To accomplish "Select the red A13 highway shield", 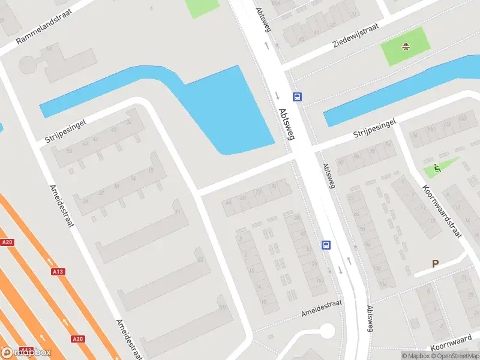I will [x=58, y=272].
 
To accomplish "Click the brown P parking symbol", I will [x=436, y=263].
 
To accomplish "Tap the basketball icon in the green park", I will [x=406, y=46].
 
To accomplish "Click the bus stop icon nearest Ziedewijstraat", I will [x=297, y=97].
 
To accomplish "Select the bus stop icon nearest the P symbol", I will [x=326, y=245].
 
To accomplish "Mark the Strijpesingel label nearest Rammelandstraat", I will [x=66, y=130].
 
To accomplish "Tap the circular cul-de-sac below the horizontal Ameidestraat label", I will [x=326, y=331].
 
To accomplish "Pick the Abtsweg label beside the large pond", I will [x=287, y=124].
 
